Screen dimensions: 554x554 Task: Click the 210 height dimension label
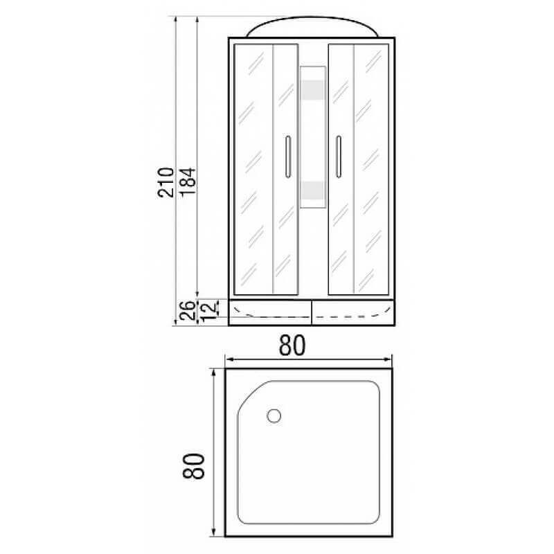[x=165, y=182]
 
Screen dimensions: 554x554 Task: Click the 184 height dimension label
[x=186, y=182]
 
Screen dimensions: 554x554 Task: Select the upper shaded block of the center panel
[x=312, y=90]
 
